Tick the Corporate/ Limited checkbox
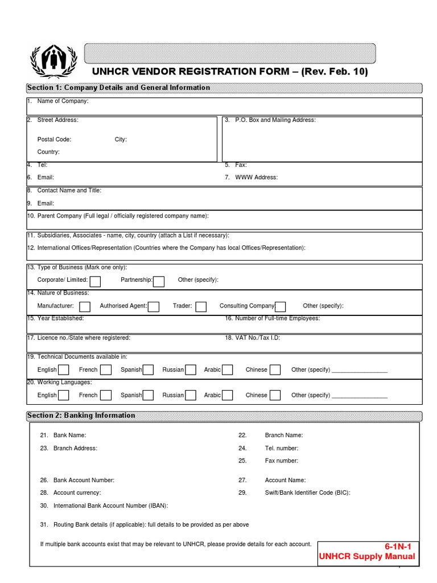pos(95,281)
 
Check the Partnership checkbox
pos(159,281)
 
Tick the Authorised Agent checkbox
pos(154,306)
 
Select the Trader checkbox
pos(201,306)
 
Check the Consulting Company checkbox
pos(280,306)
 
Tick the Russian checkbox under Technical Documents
pos(191,370)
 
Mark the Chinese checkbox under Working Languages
pos(275,395)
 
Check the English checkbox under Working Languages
pos(63,395)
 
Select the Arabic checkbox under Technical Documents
pos(227,370)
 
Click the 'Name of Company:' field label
pos(63,101)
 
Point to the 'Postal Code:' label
pos(54,139)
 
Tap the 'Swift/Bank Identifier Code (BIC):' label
pos(307,493)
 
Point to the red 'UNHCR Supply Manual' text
pos(368,557)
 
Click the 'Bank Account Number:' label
pos(84,481)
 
